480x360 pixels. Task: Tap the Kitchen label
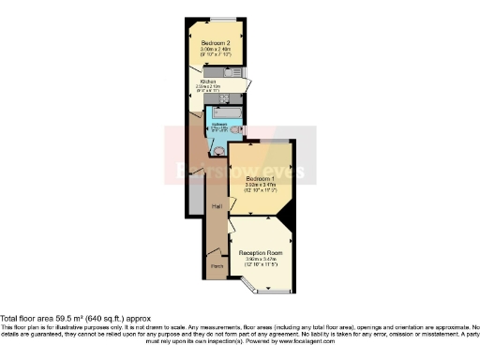(206, 81)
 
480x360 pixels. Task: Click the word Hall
(216, 205)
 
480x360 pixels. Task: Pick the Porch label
(217, 265)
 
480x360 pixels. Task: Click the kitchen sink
(228, 71)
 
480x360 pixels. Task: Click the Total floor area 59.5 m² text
(75, 318)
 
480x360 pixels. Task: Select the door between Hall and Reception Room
(230, 227)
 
